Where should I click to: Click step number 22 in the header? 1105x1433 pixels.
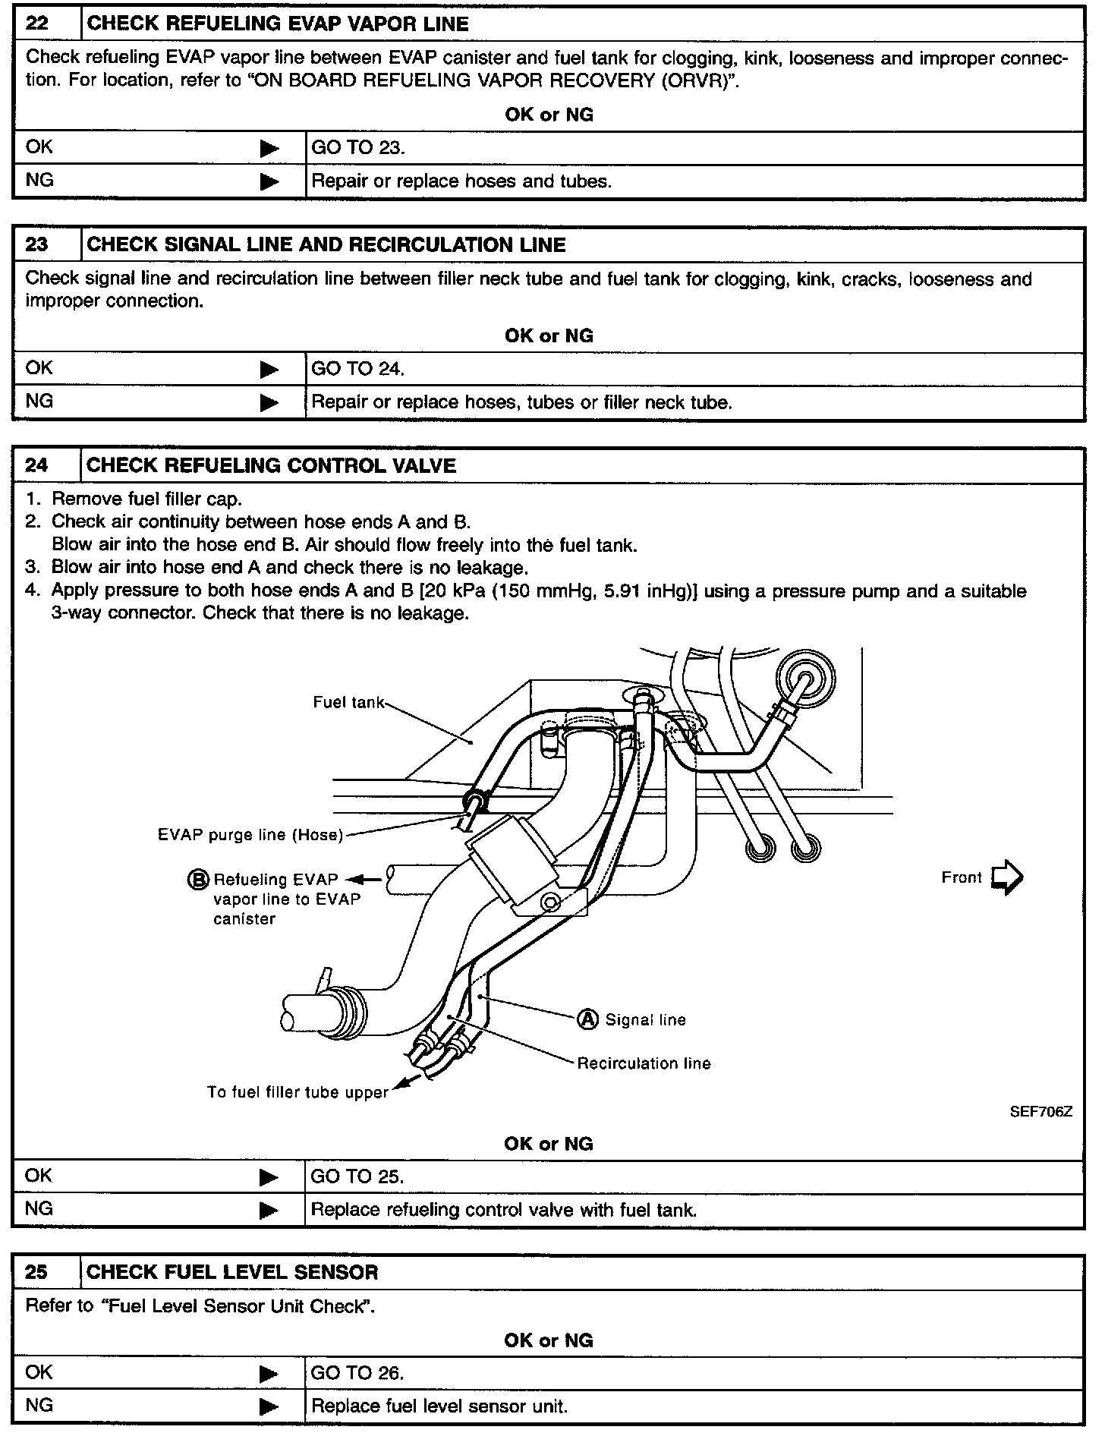[37, 24]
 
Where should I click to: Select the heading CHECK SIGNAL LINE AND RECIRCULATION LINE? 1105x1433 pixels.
[326, 245]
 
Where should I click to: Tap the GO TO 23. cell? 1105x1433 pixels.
[358, 147]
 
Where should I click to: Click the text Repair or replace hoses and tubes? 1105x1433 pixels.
[461, 181]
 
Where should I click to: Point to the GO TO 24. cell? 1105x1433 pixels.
[358, 369]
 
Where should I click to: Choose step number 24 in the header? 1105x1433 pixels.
[37, 465]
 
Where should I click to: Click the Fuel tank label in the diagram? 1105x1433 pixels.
[349, 703]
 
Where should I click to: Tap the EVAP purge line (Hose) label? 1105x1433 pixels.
[250, 835]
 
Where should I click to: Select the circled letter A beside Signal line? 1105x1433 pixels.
[588, 1019]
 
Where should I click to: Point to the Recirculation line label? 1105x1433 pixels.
[644, 1063]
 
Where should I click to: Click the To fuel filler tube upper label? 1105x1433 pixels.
[297, 1092]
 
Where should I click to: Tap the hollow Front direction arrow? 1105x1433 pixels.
[1007, 877]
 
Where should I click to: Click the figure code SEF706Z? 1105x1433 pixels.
[1040, 1112]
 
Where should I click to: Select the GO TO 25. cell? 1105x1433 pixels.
[357, 1176]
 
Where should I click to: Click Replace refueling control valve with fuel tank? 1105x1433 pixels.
[504, 1210]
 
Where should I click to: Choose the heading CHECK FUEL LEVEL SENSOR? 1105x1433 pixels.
[232, 1272]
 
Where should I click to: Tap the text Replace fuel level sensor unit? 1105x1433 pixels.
[439, 1406]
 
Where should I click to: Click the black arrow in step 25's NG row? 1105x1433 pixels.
[269, 1407]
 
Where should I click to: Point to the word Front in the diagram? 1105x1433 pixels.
[962, 877]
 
